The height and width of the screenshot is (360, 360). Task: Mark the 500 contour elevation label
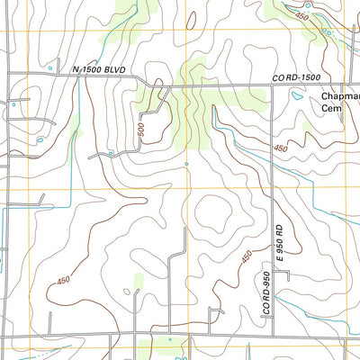click(x=141, y=130)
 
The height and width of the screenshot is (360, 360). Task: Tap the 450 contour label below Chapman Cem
click(x=282, y=148)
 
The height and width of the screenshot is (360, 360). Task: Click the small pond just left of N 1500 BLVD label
click(x=49, y=68)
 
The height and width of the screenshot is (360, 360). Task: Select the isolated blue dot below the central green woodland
click(x=186, y=164)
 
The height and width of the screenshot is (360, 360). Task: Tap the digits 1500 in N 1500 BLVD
click(x=95, y=69)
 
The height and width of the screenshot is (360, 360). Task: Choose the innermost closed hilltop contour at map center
click(x=216, y=215)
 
